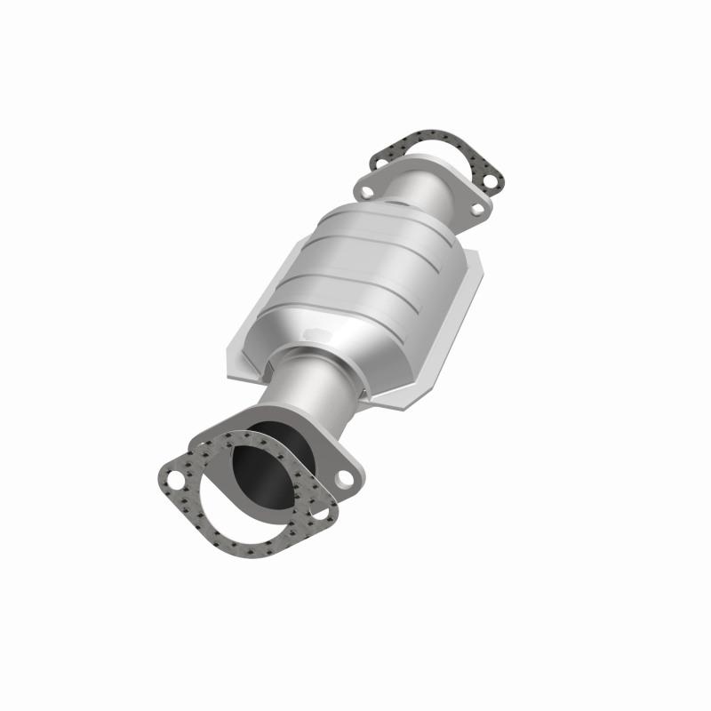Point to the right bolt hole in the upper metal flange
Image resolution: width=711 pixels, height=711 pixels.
pos(477,210)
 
